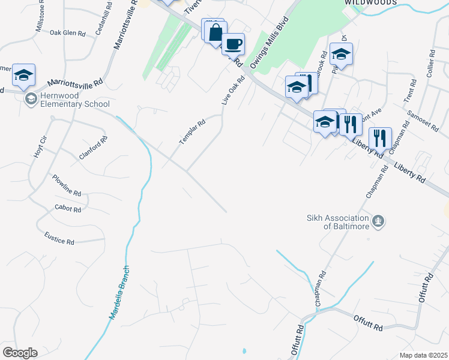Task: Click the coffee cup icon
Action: [233, 44]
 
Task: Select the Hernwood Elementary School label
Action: [75, 100]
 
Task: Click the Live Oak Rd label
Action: [234, 91]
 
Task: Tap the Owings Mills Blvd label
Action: [274, 40]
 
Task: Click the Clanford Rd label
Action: [93, 148]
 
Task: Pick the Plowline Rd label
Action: [66, 186]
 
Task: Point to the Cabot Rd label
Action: [67, 209]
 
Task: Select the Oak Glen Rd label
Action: [67, 33]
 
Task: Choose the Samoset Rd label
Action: [415, 122]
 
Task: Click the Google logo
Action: [20, 353]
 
